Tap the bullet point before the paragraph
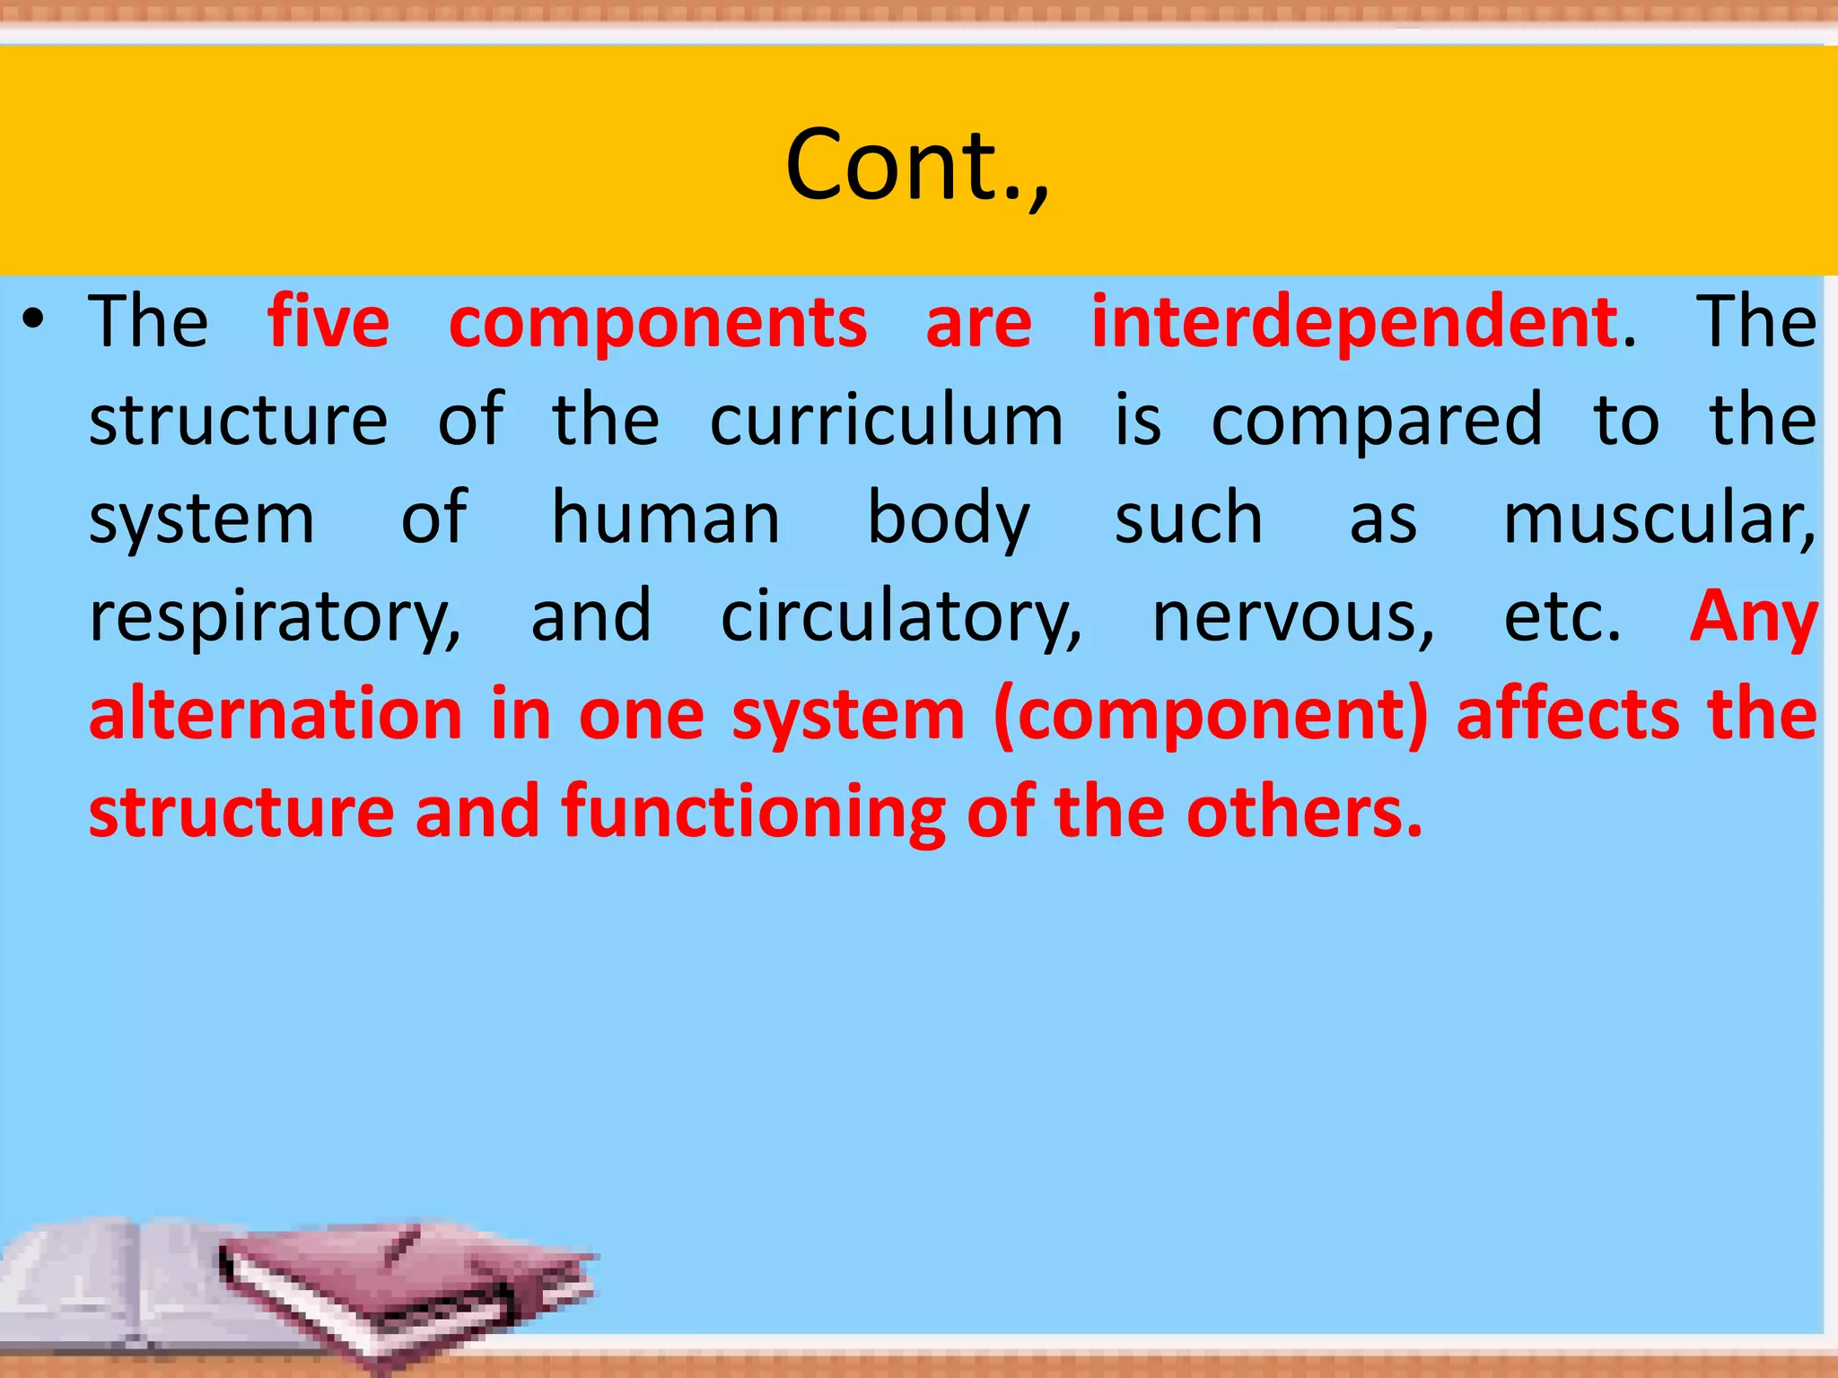(x=34, y=320)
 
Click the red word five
(x=328, y=322)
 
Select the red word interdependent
(x=1355, y=322)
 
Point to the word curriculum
(x=887, y=420)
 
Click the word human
(x=665, y=519)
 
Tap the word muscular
(x=1659, y=519)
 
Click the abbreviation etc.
(x=1562, y=617)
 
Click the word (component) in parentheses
(x=1211, y=716)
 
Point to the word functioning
(x=753, y=812)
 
